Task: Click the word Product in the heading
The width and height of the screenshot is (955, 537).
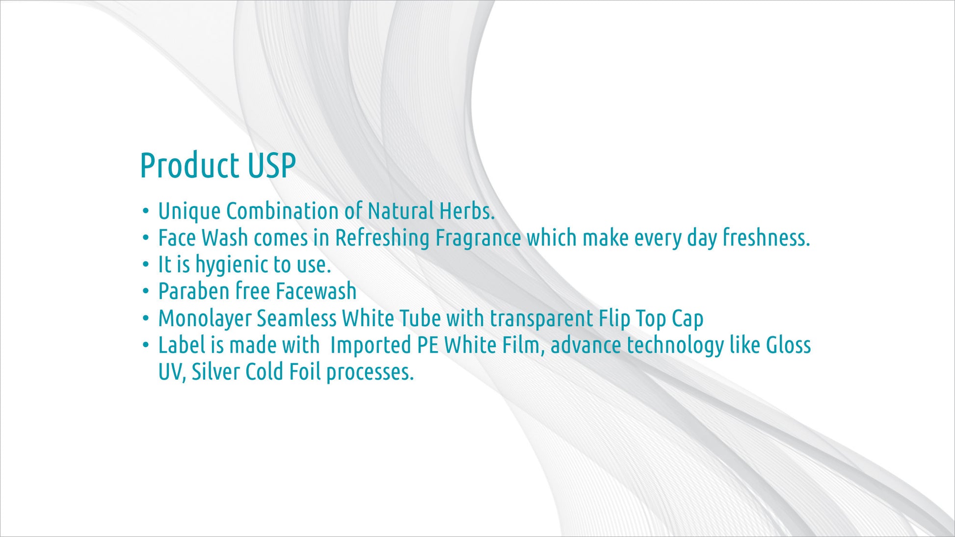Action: [189, 165]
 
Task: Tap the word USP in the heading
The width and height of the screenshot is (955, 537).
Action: [272, 165]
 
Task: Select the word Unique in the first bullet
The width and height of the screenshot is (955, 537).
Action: [189, 212]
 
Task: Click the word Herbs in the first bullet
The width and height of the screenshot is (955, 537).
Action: [467, 211]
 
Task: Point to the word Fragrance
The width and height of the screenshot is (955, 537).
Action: [478, 239]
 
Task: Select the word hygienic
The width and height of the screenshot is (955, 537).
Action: [232, 265]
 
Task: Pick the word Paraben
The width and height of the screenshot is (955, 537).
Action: [194, 291]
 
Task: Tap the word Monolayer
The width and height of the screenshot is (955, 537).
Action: [205, 319]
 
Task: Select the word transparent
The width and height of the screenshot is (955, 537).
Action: [542, 319]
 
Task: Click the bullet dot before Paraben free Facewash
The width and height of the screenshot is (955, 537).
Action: [146, 291]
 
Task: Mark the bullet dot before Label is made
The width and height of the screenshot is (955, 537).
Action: [146, 345]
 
